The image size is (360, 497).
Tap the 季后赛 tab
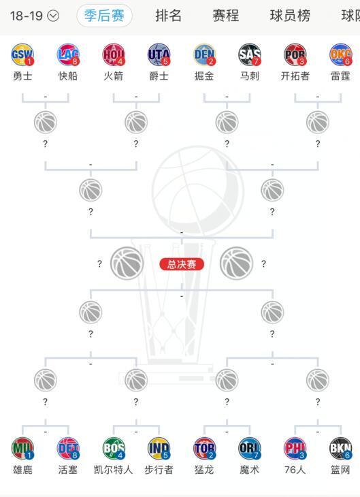click(x=104, y=16)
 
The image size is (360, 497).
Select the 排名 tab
click(x=168, y=16)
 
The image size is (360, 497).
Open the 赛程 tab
click(x=226, y=16)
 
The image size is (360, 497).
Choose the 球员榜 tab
click(x=290, y=16)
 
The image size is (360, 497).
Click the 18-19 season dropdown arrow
click(x=53, y=16)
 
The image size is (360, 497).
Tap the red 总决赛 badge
click(x=182, y=264)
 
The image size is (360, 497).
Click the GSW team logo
click(x=22, y=55)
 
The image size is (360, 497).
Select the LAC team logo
click(x=68, y=55)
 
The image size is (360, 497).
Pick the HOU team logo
click(x=114, y=55)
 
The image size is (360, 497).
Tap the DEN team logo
click(x=204, y=55)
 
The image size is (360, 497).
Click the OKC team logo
click(x=341, y=55)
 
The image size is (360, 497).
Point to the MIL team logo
click(x=22, y=448)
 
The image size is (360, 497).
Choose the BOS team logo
click(x=114, y=448)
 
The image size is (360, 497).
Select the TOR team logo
click(x=204, y=448)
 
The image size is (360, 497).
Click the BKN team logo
click(x=341, y=448)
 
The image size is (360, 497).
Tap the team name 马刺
click(x=249, y=76)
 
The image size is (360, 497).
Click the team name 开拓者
click(x=295, y=76)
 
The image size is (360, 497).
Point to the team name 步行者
click(x=159, y=469)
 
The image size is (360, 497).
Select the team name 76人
click(x=295, y=469)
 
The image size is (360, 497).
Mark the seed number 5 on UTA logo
click(x=165, y=61)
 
